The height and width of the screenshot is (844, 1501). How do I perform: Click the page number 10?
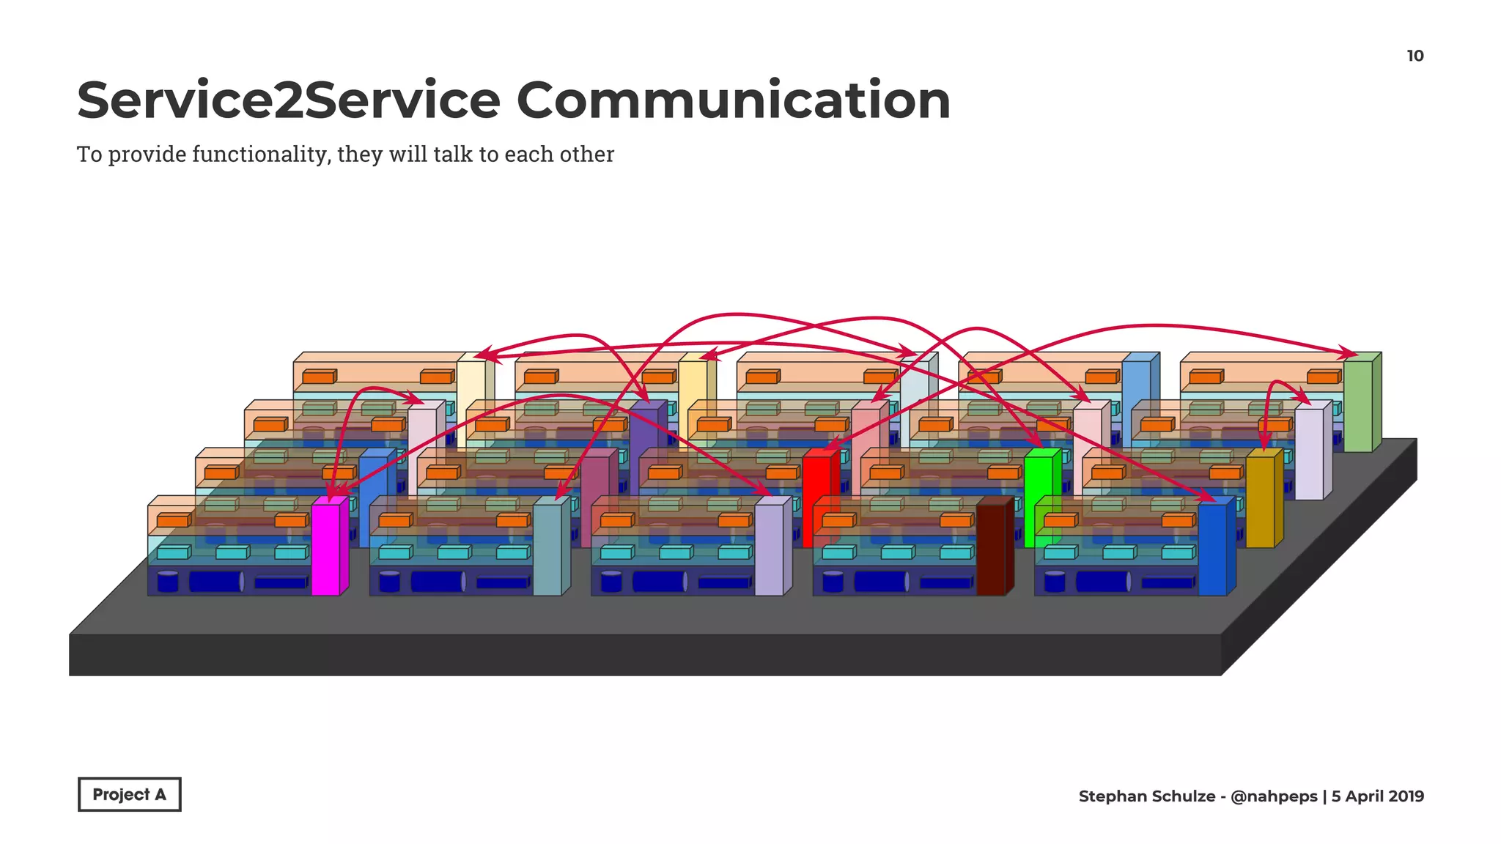pos(1415,56)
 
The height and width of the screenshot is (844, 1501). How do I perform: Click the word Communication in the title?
pos(733,100)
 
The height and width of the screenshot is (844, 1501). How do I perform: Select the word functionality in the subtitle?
pos(260,155)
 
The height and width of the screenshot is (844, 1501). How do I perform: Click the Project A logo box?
pos(129,794)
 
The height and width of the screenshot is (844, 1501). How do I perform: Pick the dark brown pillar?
pos(990,548)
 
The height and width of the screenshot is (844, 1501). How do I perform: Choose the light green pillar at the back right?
pos(1357,404)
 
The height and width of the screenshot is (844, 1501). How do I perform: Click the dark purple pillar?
pos(644,432)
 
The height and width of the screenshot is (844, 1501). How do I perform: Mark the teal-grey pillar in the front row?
pos(547,548)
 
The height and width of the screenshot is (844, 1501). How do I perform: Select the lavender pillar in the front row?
pos(769,548)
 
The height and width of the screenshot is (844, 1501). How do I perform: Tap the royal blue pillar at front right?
pos(1212,548)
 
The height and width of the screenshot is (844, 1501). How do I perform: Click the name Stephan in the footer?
pos(1110,796)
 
